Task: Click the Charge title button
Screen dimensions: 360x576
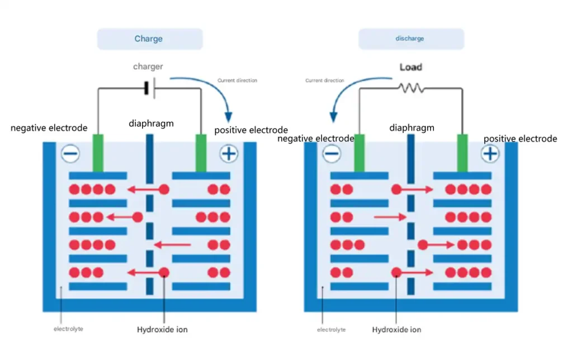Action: tap(149, 39)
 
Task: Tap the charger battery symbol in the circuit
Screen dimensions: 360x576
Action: tap(149, 88)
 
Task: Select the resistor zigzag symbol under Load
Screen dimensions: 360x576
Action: tap(411, 88)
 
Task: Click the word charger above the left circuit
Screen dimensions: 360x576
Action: tap(148, 67)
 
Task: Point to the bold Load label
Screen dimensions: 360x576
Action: tap(411, 67)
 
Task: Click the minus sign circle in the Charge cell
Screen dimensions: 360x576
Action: tap(70, 153)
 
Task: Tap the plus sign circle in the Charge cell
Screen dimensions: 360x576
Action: tap(229, 153)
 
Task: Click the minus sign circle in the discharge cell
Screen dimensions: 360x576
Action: tap(332, 153)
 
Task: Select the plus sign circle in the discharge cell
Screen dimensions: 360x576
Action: tap(490, 153)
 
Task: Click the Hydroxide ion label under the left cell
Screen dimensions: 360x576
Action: tap(162, 330)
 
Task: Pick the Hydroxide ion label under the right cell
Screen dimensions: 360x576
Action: tap(396, 330)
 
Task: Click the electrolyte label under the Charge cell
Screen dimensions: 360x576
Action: tap(68, 329)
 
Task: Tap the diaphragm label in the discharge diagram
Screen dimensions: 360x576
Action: tap(412, 128)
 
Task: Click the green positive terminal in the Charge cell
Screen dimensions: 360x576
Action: tap(201, 152)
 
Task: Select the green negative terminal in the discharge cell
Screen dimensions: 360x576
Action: tap(360, 152)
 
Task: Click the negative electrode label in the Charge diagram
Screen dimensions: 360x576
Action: tap(49, 128)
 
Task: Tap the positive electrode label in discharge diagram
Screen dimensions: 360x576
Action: tap(520, 139)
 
